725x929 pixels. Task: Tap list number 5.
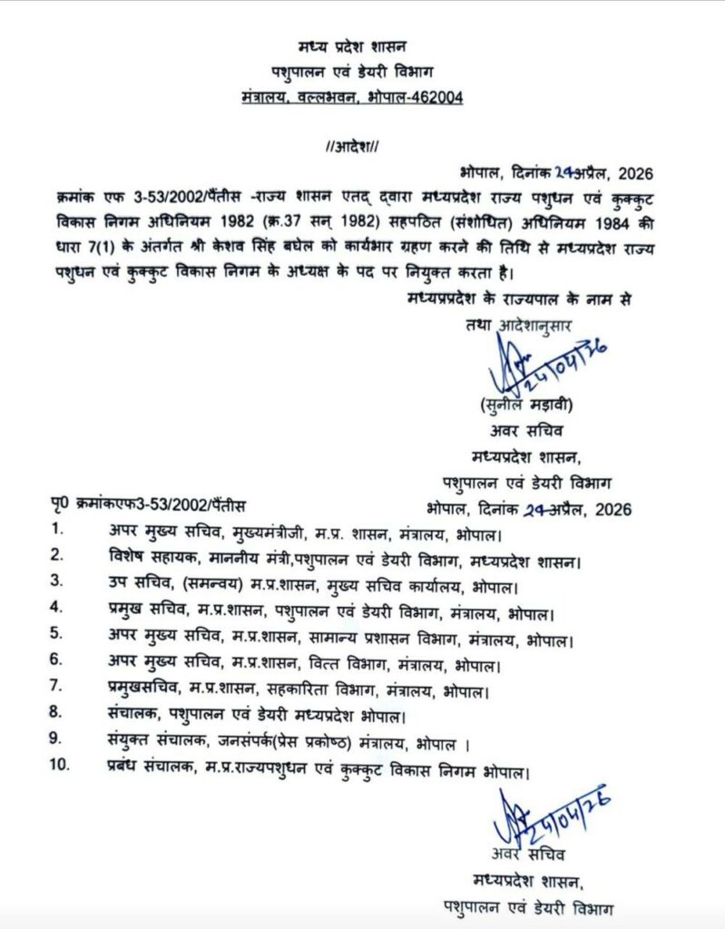click(57, 633)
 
